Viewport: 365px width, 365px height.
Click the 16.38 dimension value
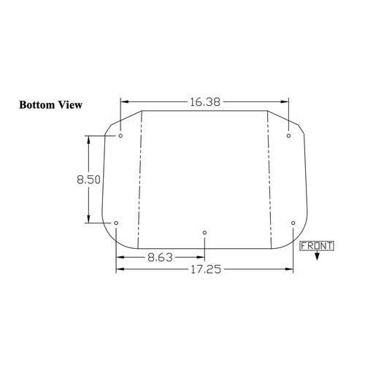[204, 102]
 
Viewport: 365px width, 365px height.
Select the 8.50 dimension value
[88, 180]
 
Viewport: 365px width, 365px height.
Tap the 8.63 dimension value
[160, 258]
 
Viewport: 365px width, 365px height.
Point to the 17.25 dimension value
[206, 269]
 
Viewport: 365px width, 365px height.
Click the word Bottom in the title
[37, 105]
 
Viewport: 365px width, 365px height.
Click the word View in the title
[70, 105]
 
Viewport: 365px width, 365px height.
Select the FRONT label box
[317, 246]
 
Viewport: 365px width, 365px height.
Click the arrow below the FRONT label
[317, 255]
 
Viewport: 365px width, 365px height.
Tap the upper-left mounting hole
[120, 136]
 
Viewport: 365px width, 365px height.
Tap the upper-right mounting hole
[288, 136]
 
